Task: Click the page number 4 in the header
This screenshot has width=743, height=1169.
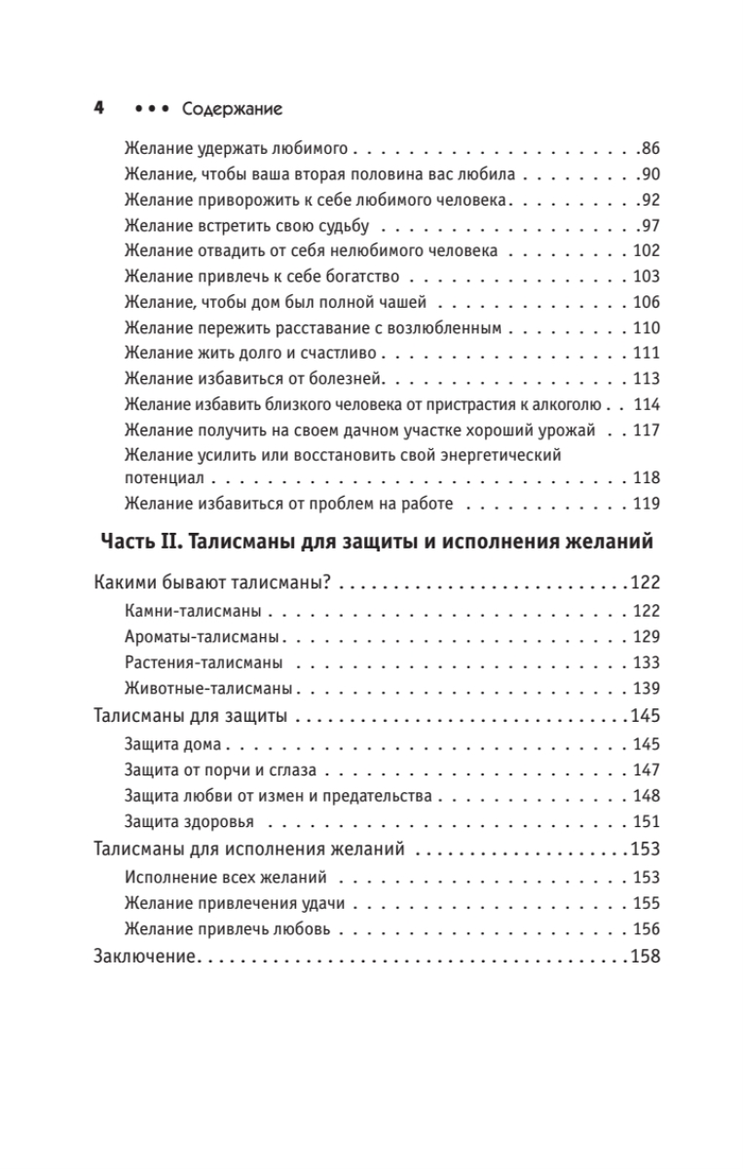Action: point(98,108)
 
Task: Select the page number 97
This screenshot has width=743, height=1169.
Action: point(649,225)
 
